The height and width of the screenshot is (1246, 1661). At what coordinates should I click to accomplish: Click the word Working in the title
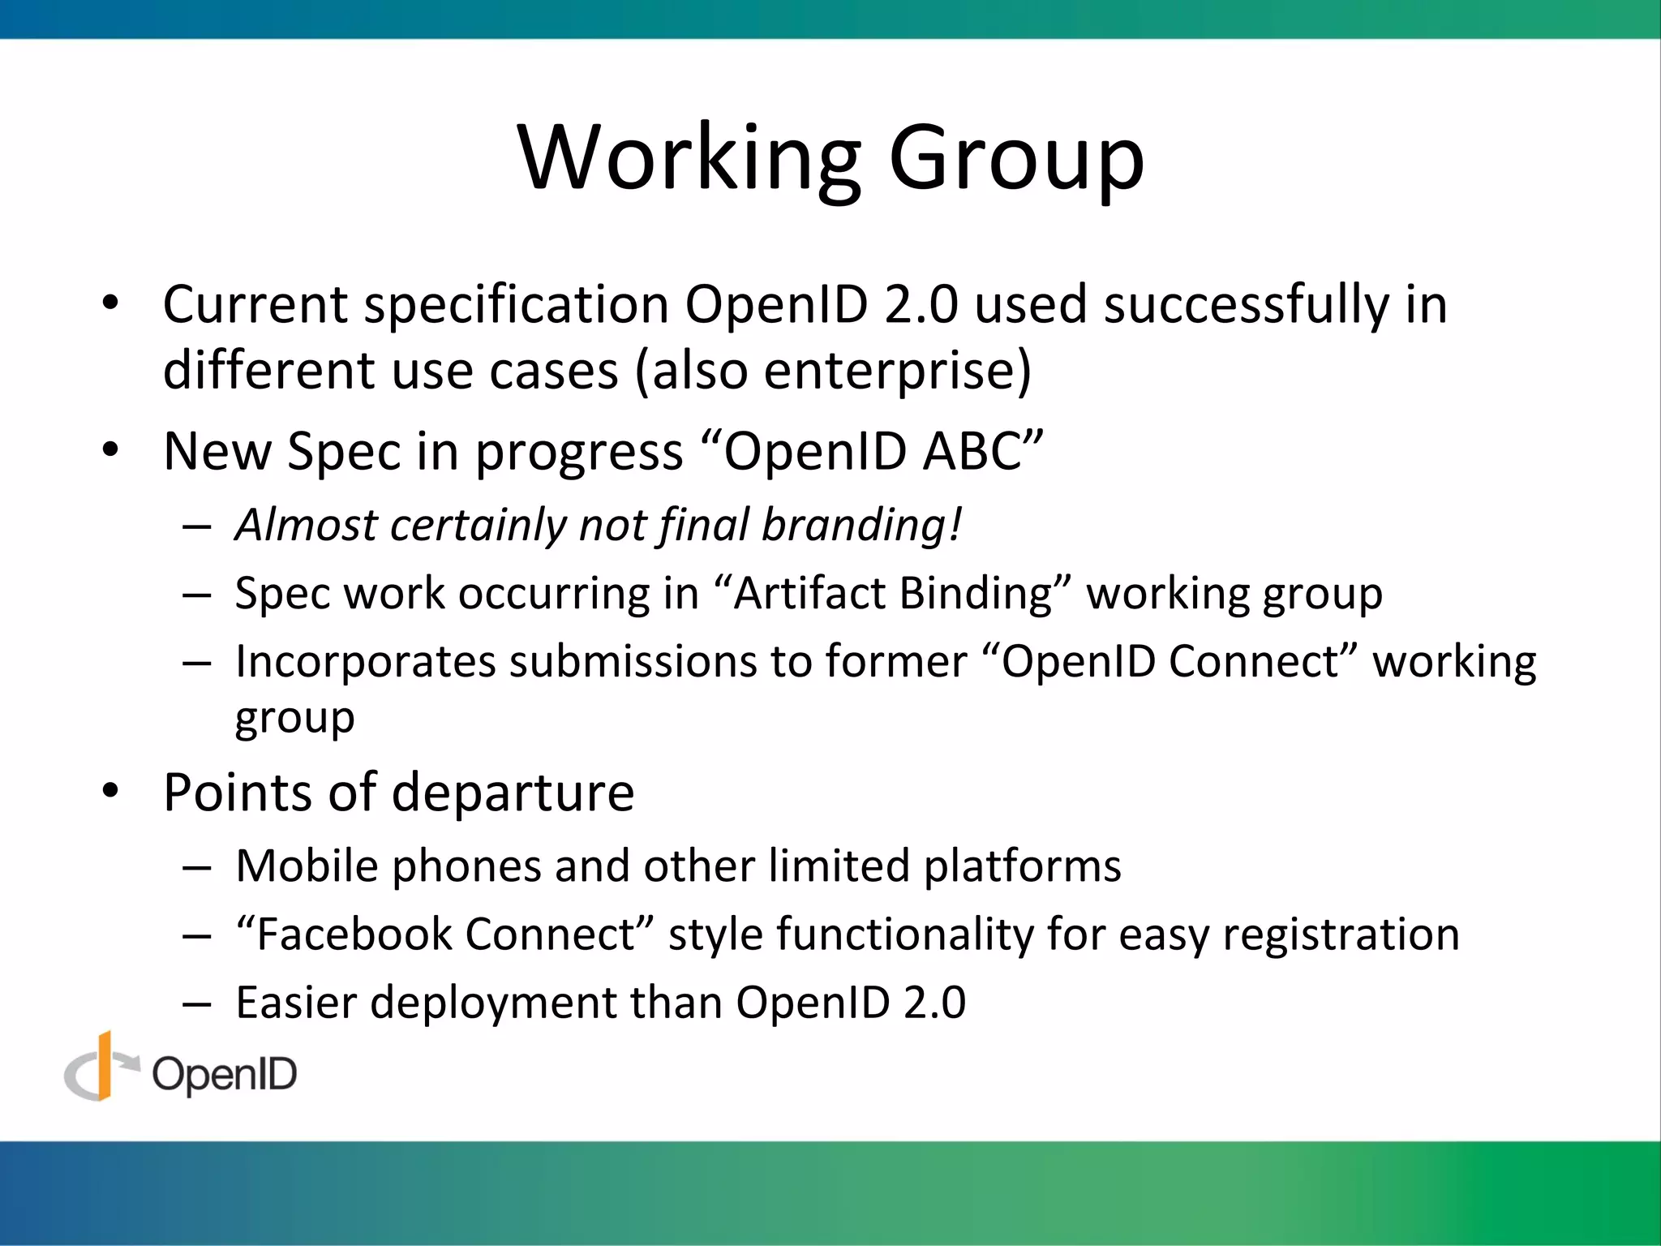point(689,158)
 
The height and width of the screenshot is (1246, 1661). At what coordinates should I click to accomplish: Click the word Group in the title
point(1016,158)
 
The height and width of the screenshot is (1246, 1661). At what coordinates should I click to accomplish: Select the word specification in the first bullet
point(516,307)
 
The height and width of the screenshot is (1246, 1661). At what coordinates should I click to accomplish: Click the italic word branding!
point(862,525)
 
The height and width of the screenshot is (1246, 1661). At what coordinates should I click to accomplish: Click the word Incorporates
point(365,662)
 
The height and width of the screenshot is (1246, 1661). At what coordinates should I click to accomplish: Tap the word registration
point(1340,934)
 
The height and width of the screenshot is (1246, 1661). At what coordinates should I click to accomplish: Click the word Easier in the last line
point(296,1003)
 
